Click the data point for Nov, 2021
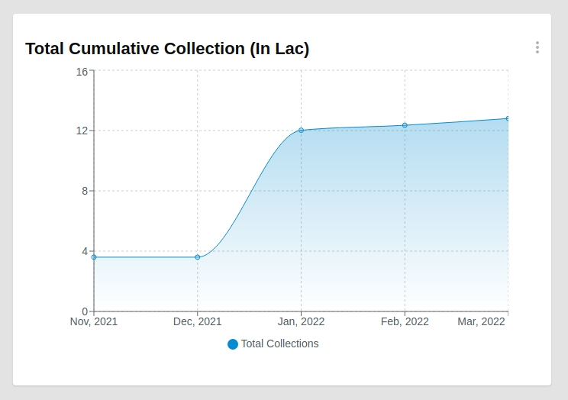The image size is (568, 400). coord(94,257)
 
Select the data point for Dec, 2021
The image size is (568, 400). coord(198,257)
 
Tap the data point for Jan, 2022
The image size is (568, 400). coord(301,131)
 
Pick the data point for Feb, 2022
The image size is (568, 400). coord(405,125)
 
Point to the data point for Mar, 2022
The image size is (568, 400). coord(508,119)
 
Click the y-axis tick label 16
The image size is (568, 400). coord(82,71)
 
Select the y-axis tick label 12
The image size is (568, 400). coord(82,131)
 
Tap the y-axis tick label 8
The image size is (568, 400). coord(85,191)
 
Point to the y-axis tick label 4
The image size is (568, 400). coord(85,251)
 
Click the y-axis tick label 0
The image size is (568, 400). coord(85,311)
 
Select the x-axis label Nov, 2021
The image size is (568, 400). coord(94,322)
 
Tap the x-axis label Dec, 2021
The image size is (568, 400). coord(198,322)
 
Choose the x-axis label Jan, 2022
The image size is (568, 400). coord(301,322)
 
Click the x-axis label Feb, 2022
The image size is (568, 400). coord(405,322)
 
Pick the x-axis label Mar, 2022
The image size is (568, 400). coord(481,322)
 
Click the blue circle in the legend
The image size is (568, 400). coord(233,344)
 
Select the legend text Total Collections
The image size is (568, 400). coord(279,344)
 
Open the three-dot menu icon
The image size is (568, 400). coord(537,48)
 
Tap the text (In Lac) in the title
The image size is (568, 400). coord(279,49)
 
